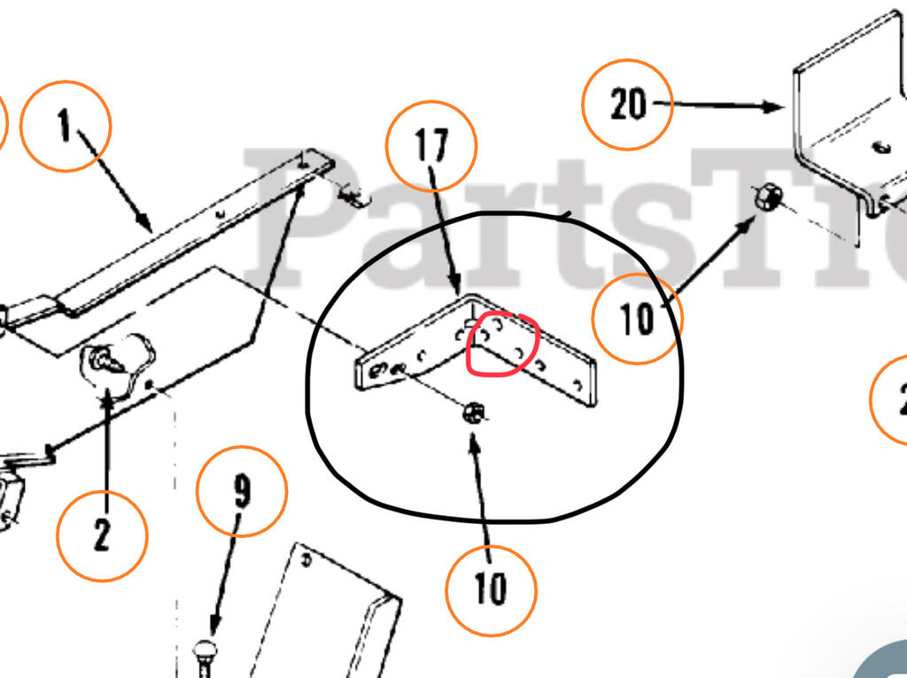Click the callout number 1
pos(65,127)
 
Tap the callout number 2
pos(101,536)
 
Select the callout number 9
pos(242,490)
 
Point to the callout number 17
pos(431,144)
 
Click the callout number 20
pos(628,105)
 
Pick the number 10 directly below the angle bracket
pos(490,588)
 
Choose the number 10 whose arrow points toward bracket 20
pos(636,319)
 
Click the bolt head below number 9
pos(205,650)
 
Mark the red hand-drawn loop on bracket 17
pos(502,344)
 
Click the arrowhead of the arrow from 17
pos(458,290)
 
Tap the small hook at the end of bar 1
pos(354,196)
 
